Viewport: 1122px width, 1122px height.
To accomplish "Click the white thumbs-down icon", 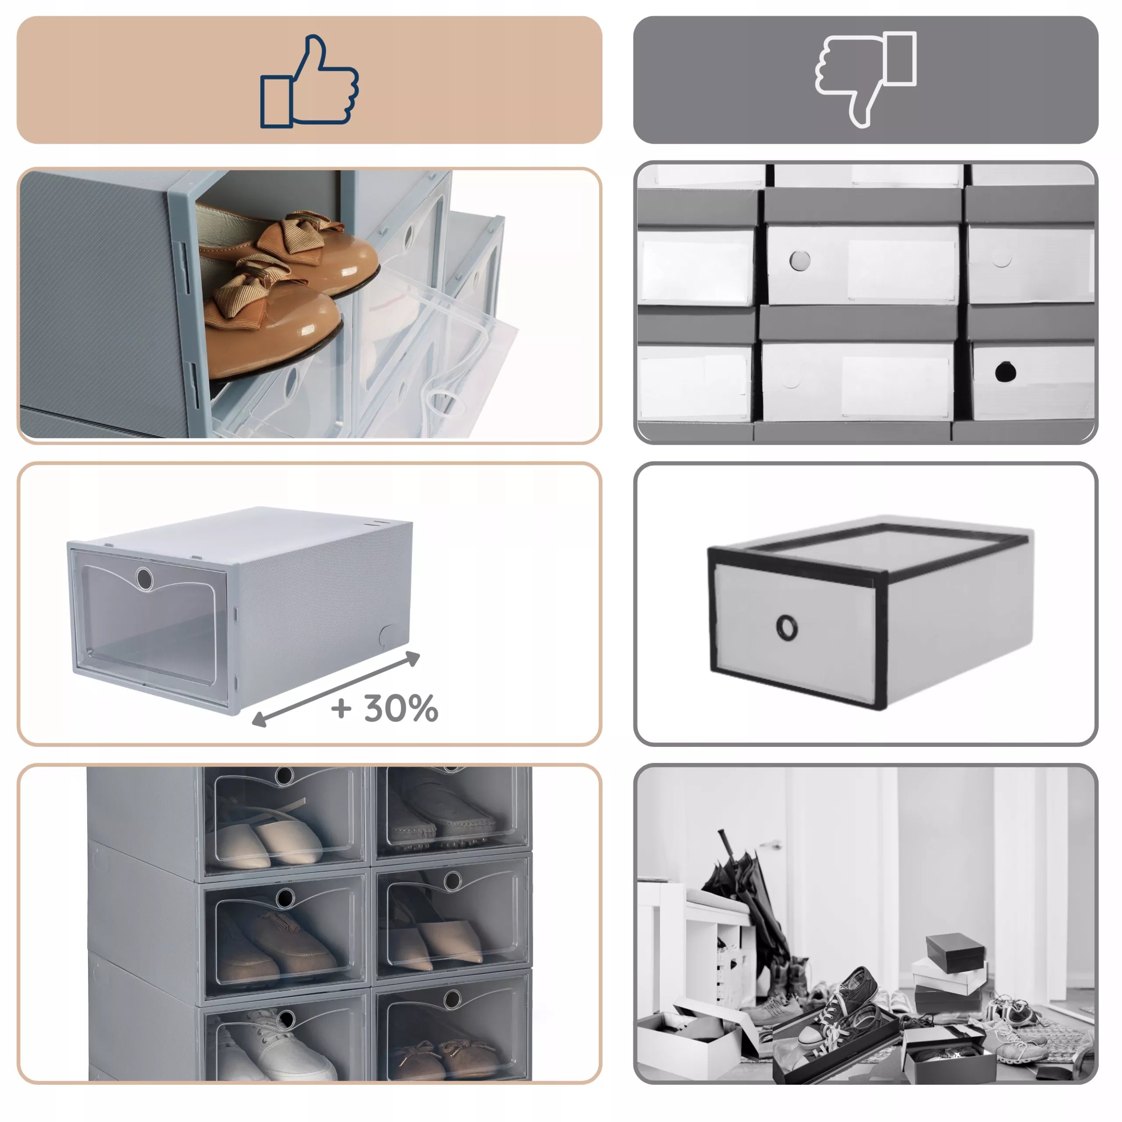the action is pos(865,78).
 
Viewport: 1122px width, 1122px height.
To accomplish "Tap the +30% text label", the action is pos(384,709).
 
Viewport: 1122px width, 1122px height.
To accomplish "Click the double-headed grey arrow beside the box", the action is pos(336,689).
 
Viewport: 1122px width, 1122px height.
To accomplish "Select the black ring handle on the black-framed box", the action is pos(787,627).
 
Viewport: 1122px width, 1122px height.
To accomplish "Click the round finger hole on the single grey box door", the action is pos(144,579).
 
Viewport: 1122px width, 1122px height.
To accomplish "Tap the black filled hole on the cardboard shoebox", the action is pos(1005,372).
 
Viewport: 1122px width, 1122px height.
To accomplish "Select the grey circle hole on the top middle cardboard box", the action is pos(800,260).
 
